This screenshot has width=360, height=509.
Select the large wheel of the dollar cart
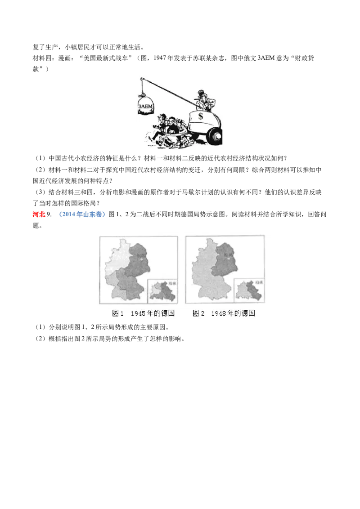point(214,136)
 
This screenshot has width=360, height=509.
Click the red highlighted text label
point(39,215)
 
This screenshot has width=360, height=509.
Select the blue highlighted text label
point(83,215)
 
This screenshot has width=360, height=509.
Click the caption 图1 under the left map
point(118,313)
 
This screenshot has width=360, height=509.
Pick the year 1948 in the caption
point(218,313)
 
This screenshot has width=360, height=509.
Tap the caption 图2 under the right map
point(198,313)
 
